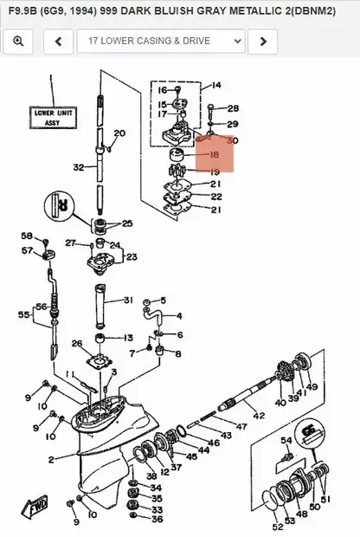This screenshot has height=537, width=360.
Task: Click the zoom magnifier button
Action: pos(18,41)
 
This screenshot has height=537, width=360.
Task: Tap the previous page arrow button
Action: pos(58,41)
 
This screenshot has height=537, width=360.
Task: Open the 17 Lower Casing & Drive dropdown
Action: pos(161,41)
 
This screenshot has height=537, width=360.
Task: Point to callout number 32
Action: pos(79,167)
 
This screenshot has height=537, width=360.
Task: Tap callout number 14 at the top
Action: pos(215,86)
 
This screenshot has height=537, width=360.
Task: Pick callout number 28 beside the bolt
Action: pos(233,109)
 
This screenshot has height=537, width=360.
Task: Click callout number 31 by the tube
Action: pos(127,301)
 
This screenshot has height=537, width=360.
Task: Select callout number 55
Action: pos(23,316)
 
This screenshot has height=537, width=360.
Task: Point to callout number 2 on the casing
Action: pos(51,459)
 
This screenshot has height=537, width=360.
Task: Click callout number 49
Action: pos(312,387)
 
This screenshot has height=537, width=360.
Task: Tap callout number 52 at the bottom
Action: pos(277,527)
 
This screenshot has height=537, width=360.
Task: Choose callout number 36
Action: pos(157,519)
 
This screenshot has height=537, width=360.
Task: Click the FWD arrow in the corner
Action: pos(38,507)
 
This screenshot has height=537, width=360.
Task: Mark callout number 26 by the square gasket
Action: pos(77,343)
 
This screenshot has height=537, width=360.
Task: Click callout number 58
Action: pos(27,236)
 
